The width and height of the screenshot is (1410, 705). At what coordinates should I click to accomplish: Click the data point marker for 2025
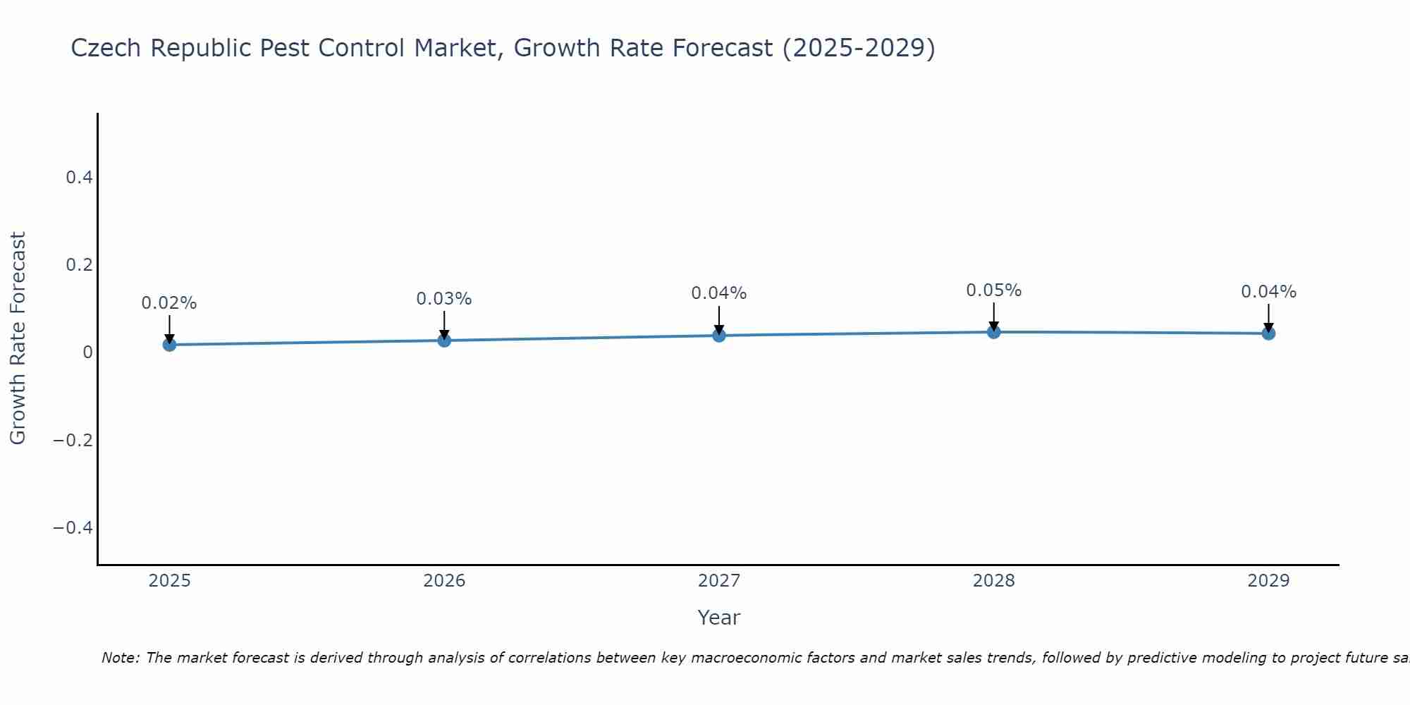169,345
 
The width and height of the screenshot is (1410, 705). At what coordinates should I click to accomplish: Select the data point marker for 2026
444,341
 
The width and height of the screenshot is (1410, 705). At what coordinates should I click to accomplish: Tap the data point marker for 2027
719,336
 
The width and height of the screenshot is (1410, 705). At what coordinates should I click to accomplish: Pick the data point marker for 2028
994,332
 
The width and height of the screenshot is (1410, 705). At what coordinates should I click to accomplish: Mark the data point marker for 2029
1268,333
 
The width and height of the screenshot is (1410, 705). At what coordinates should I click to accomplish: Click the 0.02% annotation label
169,303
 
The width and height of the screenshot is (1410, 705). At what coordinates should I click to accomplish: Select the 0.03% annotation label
444,299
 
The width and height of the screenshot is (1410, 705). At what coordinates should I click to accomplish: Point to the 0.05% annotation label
994,290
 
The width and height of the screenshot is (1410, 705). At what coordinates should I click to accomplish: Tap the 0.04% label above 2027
719,293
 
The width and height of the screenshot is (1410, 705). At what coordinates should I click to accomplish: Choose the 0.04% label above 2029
1268,292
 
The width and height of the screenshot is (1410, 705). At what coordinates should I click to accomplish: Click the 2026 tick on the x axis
444,581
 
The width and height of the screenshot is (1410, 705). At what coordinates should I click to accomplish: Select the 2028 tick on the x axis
994,581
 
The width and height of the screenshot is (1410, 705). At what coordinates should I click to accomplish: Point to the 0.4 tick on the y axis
80,178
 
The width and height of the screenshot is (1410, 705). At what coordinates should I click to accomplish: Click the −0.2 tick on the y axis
73,441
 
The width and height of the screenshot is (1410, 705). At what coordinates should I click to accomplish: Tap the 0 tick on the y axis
87,352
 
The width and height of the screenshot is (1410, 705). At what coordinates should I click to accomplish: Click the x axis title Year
718,618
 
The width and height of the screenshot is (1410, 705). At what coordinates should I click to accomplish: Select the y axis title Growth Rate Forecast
18,338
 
